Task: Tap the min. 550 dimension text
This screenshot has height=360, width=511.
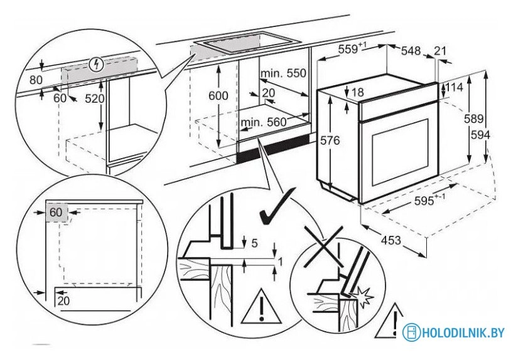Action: [284, 73]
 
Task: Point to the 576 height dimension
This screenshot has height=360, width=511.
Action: [330, 141]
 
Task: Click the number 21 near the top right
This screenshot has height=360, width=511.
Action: [441, 51]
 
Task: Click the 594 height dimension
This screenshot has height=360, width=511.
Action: [481, 135]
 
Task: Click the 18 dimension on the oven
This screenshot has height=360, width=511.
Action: [358, 92]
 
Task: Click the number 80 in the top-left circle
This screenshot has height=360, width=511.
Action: [36, 80]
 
